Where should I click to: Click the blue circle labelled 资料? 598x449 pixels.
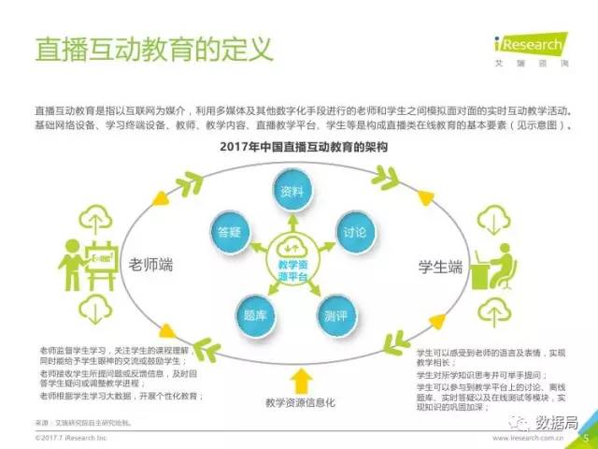tap(292, 192)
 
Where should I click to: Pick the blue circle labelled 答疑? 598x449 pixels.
tap(227, 231)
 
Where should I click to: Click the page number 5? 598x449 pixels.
tap(586, 436)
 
